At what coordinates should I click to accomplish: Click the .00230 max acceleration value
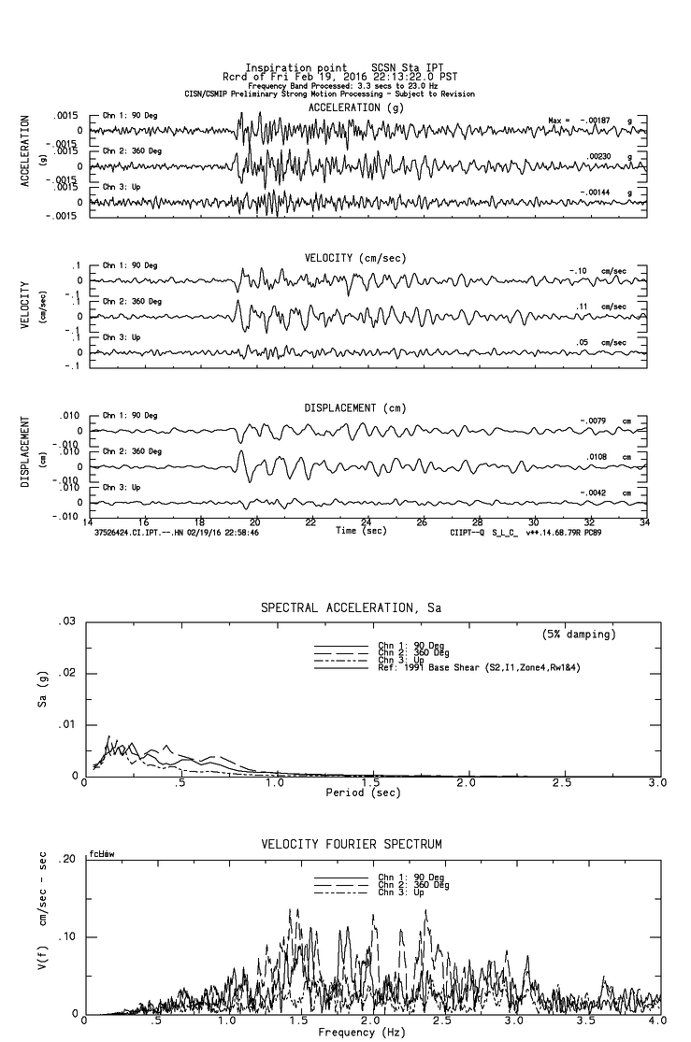599,157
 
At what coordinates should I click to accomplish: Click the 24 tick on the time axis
367,521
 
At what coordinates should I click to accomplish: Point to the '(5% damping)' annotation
579,635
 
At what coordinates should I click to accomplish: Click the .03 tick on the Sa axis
65,621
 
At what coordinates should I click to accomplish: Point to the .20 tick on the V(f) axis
65,860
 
